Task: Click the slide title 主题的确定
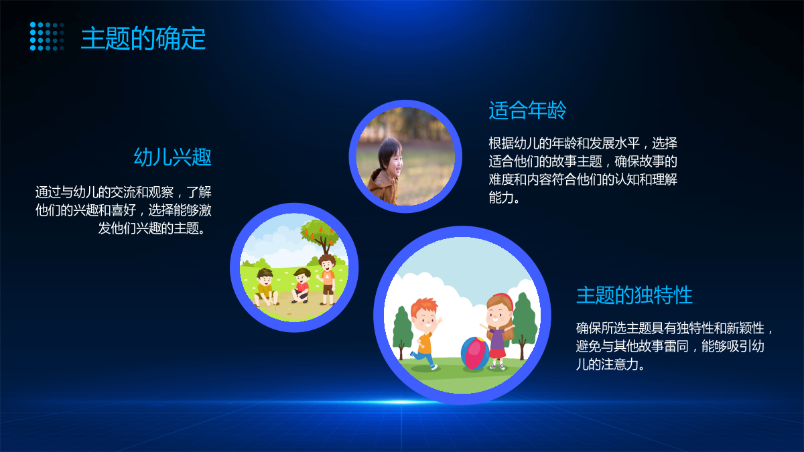click(143, 38)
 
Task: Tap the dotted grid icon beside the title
click(47, 36)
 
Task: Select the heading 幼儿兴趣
click(172, 157)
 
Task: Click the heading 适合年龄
click(527, 110)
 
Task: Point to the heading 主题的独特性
click(634, 295)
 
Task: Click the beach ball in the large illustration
click(475, 353)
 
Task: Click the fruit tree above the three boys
click(320, 236)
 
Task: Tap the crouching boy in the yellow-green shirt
click(265, 288)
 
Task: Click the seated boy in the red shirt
click(301, 285)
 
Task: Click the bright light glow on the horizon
click(401, 402)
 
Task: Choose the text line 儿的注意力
click(607, 364)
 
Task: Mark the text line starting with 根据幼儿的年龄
click(583, 143)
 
